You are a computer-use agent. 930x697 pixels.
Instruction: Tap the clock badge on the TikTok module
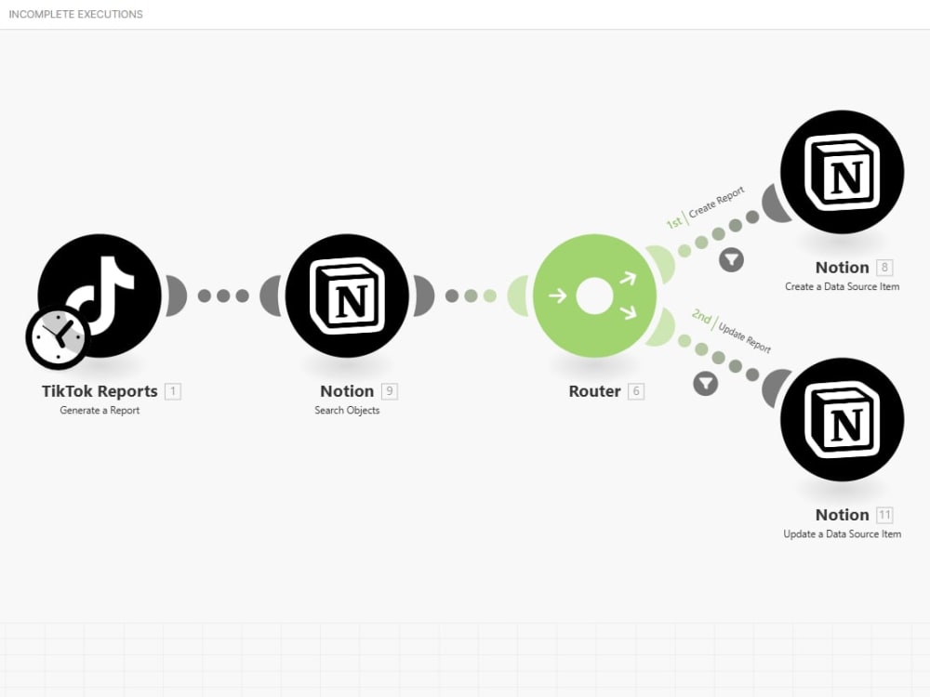click(x=58, y=336)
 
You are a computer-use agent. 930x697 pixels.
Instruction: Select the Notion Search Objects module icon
click(x=347, y=296)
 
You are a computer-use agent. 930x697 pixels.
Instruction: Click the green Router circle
click(x=594, y=296)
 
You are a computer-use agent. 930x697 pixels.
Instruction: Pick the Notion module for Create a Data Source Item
click(x=843, y=172)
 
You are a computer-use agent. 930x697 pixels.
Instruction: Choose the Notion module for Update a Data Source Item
click(x=843, y=420)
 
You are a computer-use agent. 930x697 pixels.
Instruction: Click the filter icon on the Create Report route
click(x=731, y=259)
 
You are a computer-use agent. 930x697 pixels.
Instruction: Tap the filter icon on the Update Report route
click(x=705, y=384)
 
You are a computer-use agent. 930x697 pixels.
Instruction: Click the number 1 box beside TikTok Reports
click(x=173, y=391)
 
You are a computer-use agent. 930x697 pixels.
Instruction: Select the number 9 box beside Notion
click(x=389, y=391)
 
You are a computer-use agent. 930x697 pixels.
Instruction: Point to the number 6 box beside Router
click(x=636, y=391)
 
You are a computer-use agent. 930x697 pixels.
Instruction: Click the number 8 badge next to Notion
click(x=884, y=268)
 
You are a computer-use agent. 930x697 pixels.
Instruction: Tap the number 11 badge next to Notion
click(x=884, y=515)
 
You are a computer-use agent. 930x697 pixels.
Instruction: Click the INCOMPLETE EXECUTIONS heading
click(x=76, y=14)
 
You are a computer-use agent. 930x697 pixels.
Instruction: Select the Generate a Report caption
click(x=100, y=410)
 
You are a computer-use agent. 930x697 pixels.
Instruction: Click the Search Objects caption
click(x=347, y=410)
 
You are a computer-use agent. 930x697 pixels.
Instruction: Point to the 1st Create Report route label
click(x=706, y=207)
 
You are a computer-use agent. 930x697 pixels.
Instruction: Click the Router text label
click(x=594, y=391)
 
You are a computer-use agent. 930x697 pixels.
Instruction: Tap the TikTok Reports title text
click(x=100, y=391)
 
